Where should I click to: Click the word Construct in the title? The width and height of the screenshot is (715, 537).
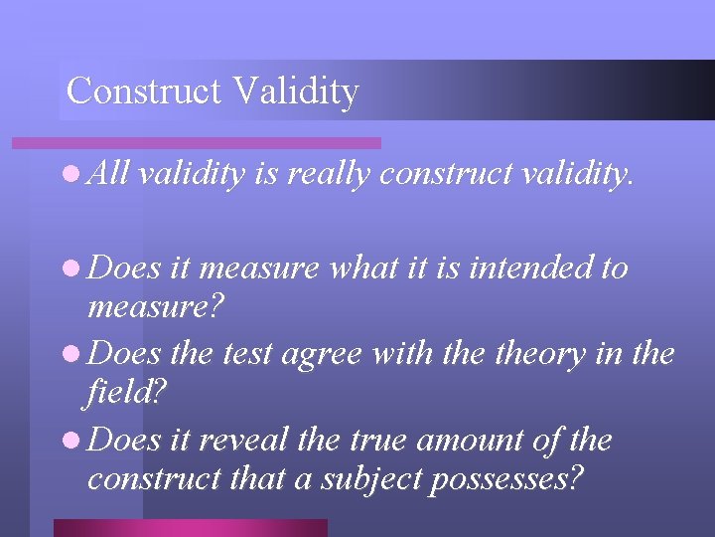[x=145, y=91]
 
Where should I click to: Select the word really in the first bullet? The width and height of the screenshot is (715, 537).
[x=328, y=176]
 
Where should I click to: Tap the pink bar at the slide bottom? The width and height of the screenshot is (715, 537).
[x=190, y=527]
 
